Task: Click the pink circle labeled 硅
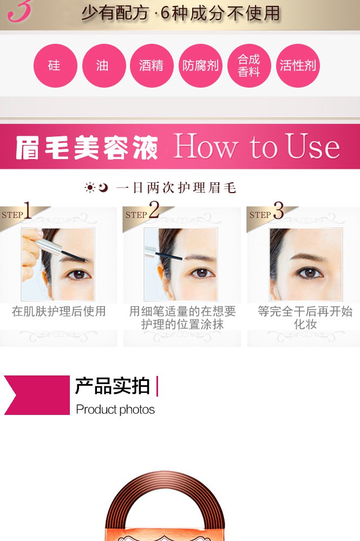pyautogui.click(x=55, y=65)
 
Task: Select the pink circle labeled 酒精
pyautogui.click(x=152, y=65)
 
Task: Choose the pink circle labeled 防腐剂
pyautogui.click(x=200, y=65)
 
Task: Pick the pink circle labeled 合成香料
pyautogui.click(x=249, y=65)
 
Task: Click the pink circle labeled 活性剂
pyautogui.click(x=298, y=65)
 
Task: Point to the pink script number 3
pyautogui.click(x=19, y=10)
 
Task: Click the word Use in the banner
pyautogui.click(x=313, y=147)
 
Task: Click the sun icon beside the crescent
pyautogui.click(x=90, y=188)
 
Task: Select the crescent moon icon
pyautogui.click(x=103, y=187)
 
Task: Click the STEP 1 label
pyautogui.click(x=16, y=211)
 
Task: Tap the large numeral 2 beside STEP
pyautogui.click(x=154, y=209)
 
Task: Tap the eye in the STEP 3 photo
pyautogui.click(x=310, y=273)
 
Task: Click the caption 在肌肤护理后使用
pyautogui.click(x=58, y=311)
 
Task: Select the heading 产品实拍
pyautogui.click(x=113, y=386)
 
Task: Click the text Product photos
pyautogui.click(x=115, y=410)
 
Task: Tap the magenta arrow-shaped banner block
pyautogui.click(x=37, y=395)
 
